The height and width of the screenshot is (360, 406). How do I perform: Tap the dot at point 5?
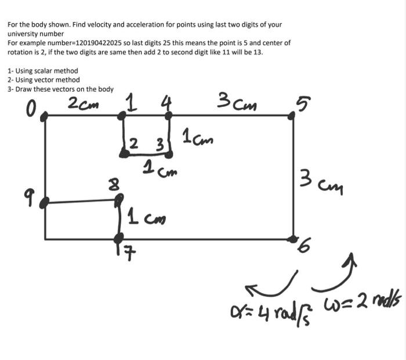[x=292, y=116]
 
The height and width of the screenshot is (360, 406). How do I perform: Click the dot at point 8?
[x=119, y=200]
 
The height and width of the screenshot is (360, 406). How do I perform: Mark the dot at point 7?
[x=118, y=238]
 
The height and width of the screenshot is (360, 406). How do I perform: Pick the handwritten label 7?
[x=119, y=253]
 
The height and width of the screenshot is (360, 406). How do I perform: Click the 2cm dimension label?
[x=83, y=104]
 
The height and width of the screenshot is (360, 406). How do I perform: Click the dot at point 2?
[x=124, y=153]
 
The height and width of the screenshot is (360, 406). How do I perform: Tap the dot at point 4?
[x=168, y=116]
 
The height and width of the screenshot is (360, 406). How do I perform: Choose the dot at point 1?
[x=122, y=116]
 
